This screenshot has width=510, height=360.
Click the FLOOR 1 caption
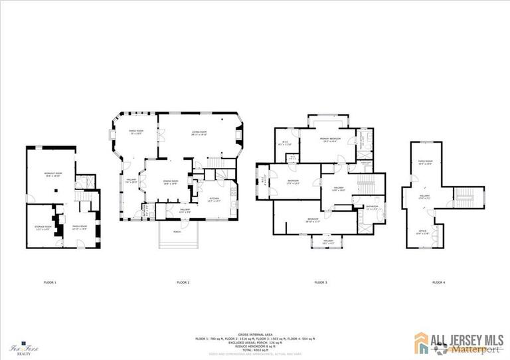coord(50,282)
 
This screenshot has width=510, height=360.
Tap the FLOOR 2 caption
coord(183,282)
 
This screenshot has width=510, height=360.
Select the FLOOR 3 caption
coord(321,282)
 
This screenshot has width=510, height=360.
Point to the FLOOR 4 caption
coord(439,282)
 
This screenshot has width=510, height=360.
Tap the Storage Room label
coord(43,227)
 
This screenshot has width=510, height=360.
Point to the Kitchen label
coord(214,199)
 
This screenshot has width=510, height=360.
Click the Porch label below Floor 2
coord(177,232)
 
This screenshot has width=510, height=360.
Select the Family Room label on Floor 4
coord(425,162)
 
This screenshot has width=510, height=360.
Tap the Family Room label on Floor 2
coord(135,132)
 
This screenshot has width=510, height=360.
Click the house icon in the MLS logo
coord(422,342)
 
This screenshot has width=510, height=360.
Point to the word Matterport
coord(472,349)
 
